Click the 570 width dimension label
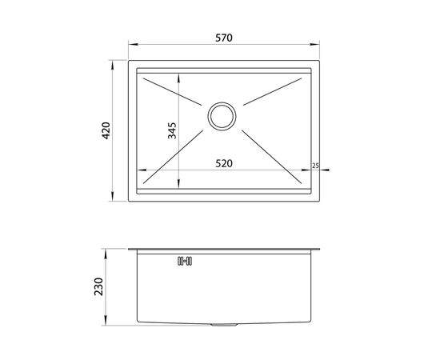224,38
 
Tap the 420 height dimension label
106,130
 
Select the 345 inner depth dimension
172,130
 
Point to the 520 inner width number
224,163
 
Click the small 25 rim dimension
315,166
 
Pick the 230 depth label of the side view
98,286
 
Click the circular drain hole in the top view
222,116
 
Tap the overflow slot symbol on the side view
185,262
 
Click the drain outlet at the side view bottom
224,325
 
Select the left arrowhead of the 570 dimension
133,44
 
